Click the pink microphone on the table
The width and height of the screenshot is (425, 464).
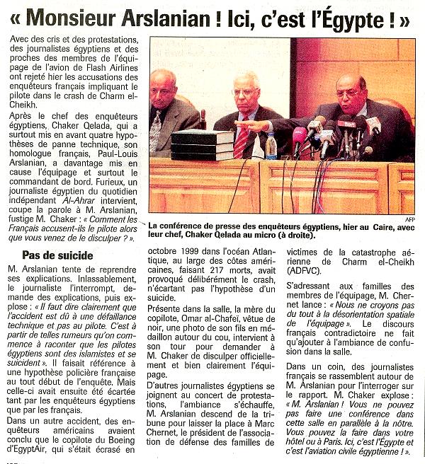[300, 134]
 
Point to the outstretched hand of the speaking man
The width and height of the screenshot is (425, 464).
[264, 126]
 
